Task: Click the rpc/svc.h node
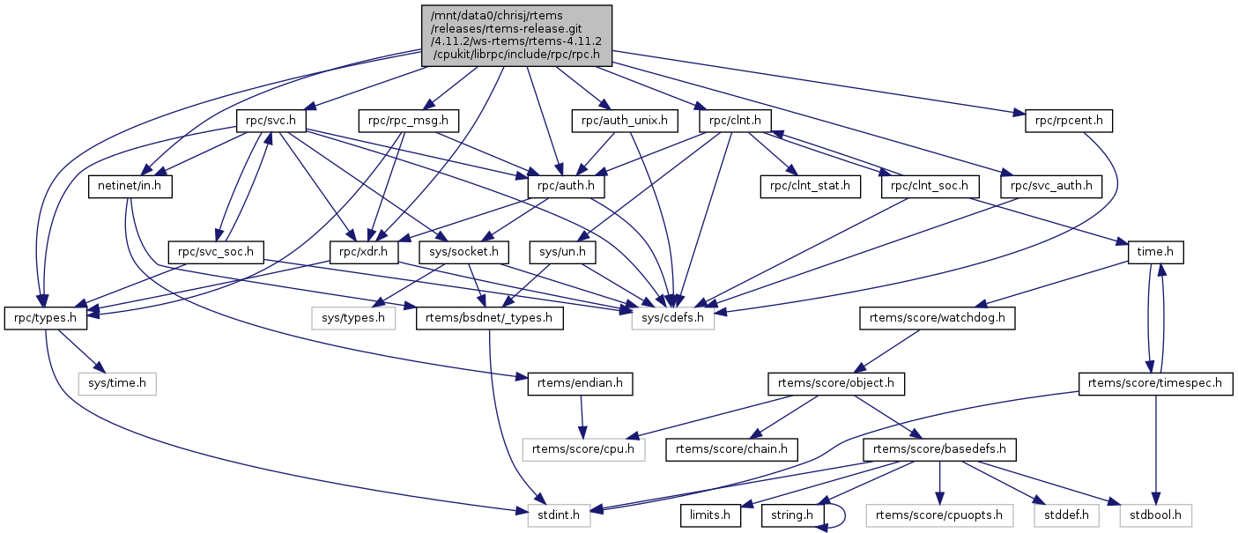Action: point(271,120)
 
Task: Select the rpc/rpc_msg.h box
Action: point(404,120)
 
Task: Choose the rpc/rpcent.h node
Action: point(1069,120)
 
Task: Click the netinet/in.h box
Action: point(130,187)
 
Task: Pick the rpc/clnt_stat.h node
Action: point(810,187)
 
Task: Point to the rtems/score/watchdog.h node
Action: point(938,317)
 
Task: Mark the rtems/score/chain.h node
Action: point(731,449)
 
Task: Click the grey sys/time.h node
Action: point(117,384)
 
